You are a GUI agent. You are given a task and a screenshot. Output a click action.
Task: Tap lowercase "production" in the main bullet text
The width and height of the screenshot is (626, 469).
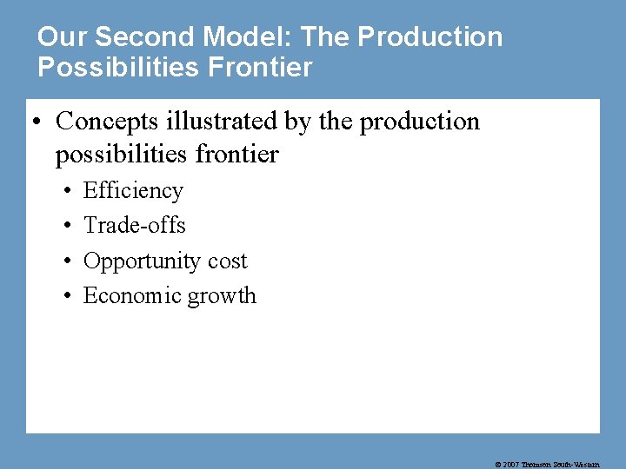420,122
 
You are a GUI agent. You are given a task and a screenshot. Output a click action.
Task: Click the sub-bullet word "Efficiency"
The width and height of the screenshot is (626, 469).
133,191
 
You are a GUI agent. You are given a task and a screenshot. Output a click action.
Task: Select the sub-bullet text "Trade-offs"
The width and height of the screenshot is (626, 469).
135,226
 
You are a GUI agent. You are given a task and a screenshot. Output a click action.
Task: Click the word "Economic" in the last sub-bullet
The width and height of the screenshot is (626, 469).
128,296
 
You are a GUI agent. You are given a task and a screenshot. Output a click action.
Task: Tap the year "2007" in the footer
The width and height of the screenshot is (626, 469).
510,465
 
